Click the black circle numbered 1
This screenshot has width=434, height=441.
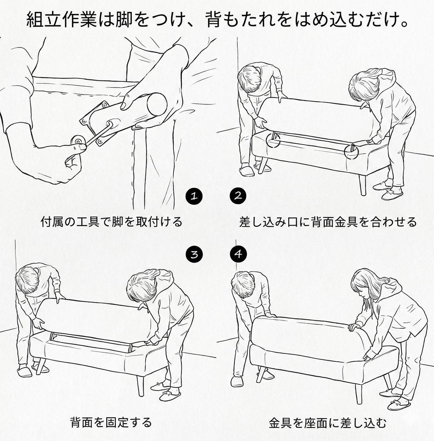click(x=194, y=196)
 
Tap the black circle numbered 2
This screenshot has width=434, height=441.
click(x=238, y=196)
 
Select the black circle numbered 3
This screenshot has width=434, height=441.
click(x=194, y=254)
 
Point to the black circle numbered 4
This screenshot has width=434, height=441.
click(x=238, y=254)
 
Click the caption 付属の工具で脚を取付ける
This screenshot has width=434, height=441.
click(x=111, y=221)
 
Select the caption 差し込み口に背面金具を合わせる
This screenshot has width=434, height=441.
click(x=328, y=221)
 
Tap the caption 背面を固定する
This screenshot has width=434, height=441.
click(x=111, y=422)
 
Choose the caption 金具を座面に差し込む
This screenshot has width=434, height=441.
click(x=328, y=422)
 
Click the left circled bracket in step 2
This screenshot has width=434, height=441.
click(x=273, y=140)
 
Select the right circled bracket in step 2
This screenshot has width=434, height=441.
click(x=352, y=151)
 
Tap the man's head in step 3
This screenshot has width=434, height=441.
click(x=28, y=280)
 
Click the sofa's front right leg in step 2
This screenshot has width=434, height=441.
click(x=362, y=184)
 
